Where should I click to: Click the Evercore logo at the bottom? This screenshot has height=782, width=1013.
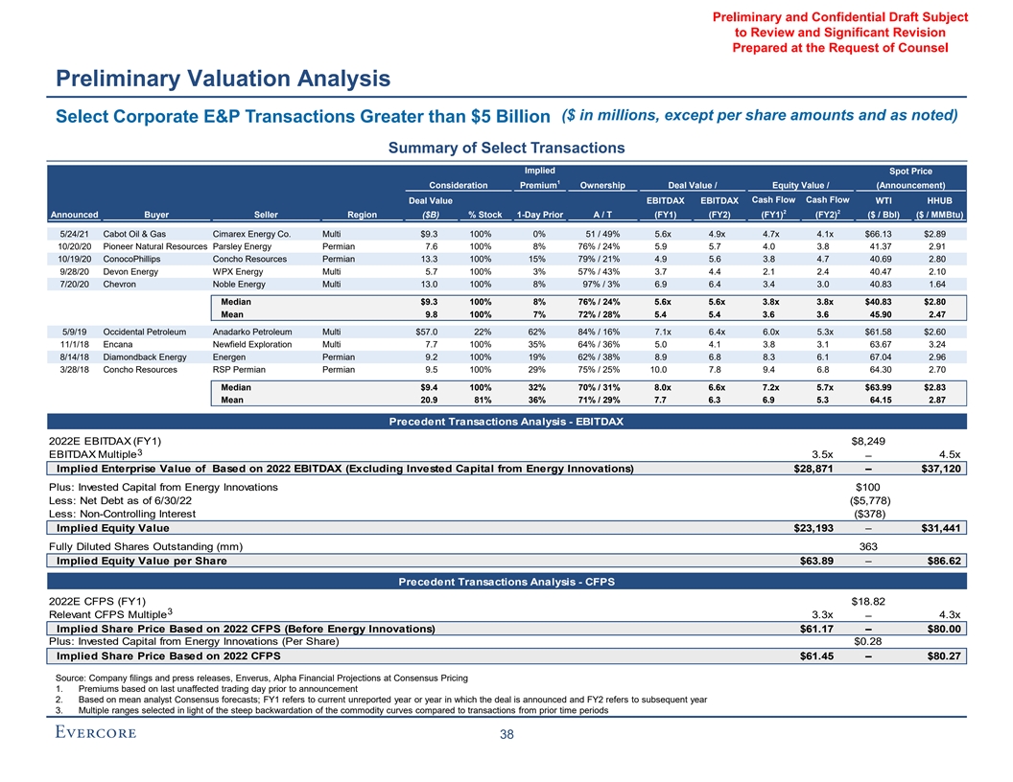click(93, 734)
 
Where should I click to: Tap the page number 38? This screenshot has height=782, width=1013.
click(506, 735)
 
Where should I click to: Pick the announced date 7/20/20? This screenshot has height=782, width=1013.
click(75, 284)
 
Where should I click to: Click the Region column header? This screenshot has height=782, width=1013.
click(363, 215)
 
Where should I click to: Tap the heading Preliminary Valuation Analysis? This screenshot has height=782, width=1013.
click(222, 79)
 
